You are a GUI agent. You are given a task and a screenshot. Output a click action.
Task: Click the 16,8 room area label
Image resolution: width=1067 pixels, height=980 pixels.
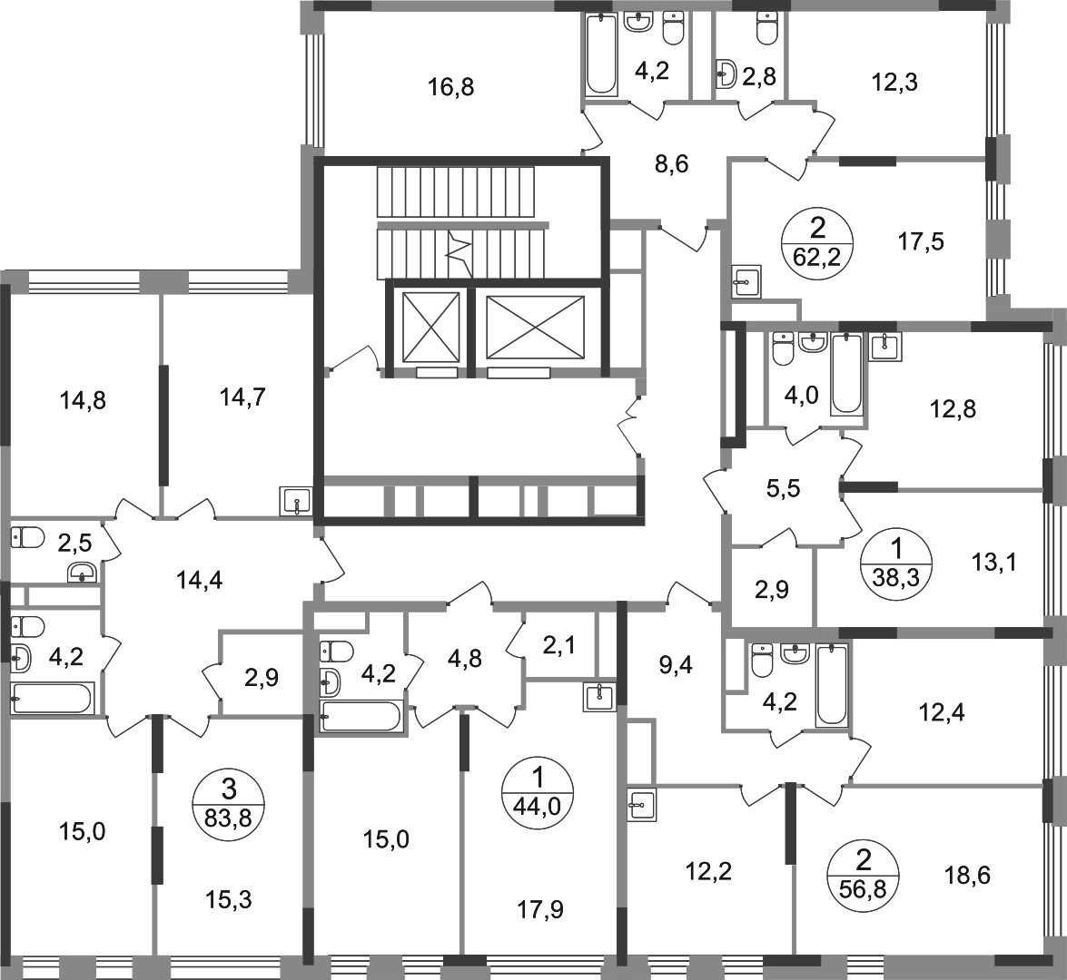point(450,87)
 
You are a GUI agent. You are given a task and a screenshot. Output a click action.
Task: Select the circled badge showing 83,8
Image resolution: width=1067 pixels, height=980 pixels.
point(228,804)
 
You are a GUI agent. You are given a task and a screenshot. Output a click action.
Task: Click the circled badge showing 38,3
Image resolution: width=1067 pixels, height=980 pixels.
point(896,563)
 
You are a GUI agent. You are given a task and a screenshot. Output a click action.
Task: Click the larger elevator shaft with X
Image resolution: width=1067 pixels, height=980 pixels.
point(536,327)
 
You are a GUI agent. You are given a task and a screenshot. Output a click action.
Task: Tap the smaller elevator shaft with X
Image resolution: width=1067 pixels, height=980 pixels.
point(430,327)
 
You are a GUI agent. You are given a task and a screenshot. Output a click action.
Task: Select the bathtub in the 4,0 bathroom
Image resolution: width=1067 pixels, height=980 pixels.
point(846,373)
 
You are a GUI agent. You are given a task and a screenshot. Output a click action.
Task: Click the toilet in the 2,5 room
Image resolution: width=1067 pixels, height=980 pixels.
point(27,538)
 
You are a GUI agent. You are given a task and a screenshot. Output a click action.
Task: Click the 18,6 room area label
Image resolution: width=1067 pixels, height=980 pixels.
point(967,876)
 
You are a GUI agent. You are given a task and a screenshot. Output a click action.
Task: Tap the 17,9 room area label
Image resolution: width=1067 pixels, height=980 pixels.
point(540,909)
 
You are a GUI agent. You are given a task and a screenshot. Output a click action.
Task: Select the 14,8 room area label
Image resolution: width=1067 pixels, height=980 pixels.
point(83,400)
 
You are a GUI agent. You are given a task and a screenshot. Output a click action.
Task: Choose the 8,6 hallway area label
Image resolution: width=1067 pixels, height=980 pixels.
point(672,164)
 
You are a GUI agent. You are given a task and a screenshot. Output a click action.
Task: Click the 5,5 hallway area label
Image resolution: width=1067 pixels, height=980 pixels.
point(784,488)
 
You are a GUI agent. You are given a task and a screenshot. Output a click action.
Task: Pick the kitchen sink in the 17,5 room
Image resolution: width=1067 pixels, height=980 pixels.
point(746,281)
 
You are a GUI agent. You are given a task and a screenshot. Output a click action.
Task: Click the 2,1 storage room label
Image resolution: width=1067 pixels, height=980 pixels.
point(559,644)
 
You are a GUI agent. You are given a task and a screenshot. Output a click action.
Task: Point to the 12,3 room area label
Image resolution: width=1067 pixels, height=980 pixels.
point(894,83)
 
